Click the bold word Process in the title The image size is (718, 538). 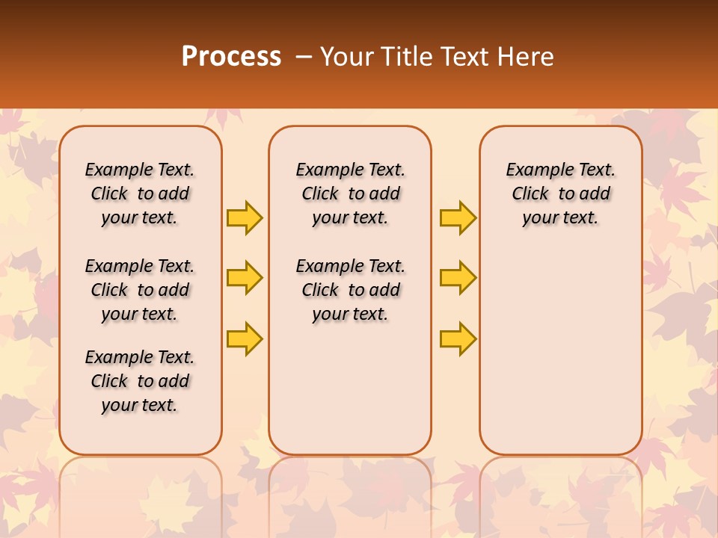pyautogui.click(x=231, y=57)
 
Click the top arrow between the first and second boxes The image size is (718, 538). pyautogui.click(x=245, y=217)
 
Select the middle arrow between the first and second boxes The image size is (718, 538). pyautogui.click(x=245, y=278)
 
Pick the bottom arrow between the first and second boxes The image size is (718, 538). pyautogui.click(x=245, y=338)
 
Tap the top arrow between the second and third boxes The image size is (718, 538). pyautogui.click(x=458, y=217)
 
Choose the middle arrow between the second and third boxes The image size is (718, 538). pyautogui.click(x=458, y=278)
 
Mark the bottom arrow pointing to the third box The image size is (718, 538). pyautogui.click(x=458, y=338)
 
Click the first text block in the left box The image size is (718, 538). pyautogui.click(x=140, y=194)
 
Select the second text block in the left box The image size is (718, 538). pyautogui.click(x=140, y=290)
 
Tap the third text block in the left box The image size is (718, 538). pyautogui.click(x=140, y=381)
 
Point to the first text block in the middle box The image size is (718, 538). pyautogui.click(x=351, y=194)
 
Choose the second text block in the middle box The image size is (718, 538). pyautogui.click(x=351, y=290)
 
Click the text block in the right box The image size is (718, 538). pyautogui.click(x=561, y=194)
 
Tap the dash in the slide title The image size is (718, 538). pyautogui.click(x=304, y=57)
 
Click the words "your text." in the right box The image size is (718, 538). pyautogui.click(x=561, y=218)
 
